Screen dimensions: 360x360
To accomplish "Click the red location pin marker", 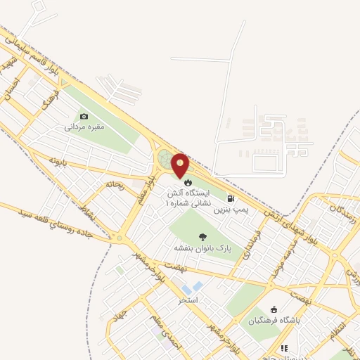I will coord(181,165).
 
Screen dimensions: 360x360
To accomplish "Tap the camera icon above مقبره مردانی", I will coord(84,117).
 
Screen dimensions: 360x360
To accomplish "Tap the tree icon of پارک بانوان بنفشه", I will coord(203,237).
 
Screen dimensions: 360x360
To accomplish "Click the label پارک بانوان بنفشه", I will coord(203,249).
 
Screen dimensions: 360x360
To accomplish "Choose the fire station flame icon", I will coord(187,182).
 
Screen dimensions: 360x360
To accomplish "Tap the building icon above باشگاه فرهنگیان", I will coord(274,309).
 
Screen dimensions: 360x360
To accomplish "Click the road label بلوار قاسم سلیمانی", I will coord(35,56).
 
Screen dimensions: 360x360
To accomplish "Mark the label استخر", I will coord(188,300).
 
